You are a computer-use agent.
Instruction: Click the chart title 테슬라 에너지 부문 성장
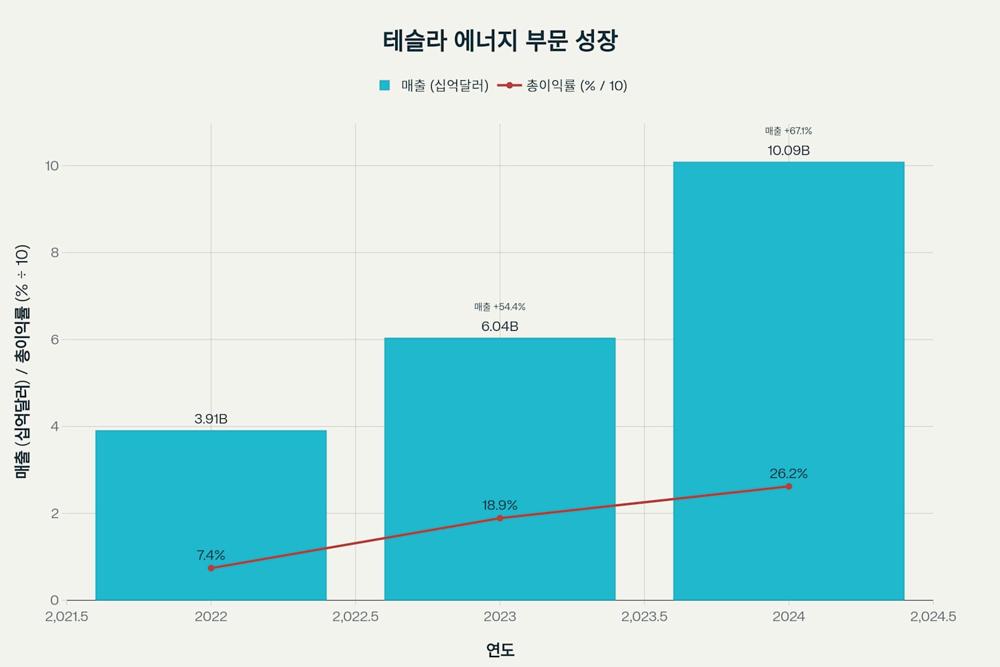pos(499,40)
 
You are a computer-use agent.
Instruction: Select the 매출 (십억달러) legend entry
pos(434,85)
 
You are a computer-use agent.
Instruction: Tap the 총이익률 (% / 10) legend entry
pos(562,85)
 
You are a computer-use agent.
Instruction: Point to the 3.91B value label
pos(211,419)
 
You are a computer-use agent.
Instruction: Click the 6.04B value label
pos(499,326)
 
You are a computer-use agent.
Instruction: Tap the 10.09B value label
pos(788,150)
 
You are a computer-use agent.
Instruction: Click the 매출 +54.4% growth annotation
pos(499,307)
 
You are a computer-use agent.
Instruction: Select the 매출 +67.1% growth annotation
pos(788,131)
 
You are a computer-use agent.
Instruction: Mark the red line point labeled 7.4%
pos(211,568)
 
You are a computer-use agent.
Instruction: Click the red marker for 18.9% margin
pos(500,518)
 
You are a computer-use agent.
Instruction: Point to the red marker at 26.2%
pos(788,487)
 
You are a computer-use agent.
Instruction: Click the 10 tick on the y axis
pos(51,165)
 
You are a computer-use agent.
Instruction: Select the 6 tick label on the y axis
pos(55,339)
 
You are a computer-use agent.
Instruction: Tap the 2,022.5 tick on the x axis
pos(355,616)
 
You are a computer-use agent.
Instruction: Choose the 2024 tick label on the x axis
pos(788,616)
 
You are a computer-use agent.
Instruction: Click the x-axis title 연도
pos(500,649)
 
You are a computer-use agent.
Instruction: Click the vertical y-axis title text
pos(21,362)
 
